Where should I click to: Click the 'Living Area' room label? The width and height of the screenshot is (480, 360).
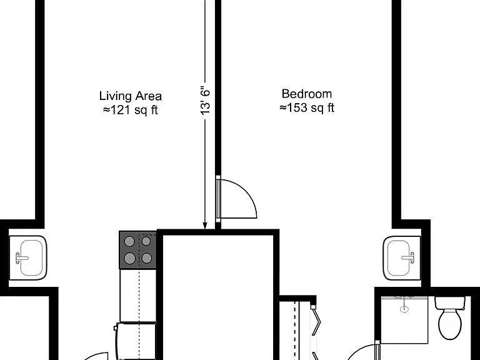pos(131,96)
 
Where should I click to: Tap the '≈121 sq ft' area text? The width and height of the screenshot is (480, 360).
pos(131,110)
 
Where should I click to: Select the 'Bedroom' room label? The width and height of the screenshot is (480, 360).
pos(307,94)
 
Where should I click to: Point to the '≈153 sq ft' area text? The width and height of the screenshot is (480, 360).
pos(307,107)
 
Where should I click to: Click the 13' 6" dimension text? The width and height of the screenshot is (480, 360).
pos(206,102)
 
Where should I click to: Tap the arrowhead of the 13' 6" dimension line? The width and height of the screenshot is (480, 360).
pos(205,226)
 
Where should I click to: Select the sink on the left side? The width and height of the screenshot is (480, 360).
pos(28,257)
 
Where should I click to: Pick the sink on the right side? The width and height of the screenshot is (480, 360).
pos(402,257)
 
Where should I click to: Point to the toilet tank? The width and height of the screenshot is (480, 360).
pos(450,302)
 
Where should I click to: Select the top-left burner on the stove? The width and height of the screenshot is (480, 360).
pos(129,241)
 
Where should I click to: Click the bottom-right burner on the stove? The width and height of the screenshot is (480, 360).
pos(147,258)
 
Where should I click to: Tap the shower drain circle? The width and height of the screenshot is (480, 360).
pos(404,309)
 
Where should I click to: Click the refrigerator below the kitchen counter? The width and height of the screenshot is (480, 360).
pos(136,341)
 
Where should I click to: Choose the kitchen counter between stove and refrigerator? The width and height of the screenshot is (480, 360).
pos(138,296)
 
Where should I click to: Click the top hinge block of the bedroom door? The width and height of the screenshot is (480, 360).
pos(218,177)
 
